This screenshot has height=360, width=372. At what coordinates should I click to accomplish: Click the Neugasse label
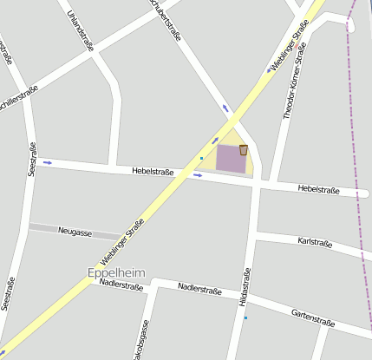tap(74, 232)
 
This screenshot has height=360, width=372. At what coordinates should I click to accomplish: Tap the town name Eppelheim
tap(116, 272)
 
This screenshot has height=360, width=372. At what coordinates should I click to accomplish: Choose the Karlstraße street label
tap(314, 242)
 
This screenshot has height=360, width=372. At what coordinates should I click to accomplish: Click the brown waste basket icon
tap(244, 150)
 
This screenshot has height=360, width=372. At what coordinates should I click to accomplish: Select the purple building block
tap(230, 158)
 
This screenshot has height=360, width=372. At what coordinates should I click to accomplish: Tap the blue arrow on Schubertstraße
tap(226, 108)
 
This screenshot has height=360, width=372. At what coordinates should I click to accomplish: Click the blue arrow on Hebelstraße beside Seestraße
tap(48, 162)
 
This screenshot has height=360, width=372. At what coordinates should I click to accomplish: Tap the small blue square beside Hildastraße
tap(245, 318)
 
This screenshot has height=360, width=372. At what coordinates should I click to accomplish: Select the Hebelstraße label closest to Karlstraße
tap(317, 188)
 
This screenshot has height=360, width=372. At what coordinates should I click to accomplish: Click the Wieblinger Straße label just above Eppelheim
tap(122, 242)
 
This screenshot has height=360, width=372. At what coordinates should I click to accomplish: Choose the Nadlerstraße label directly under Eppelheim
tap(121, 284)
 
